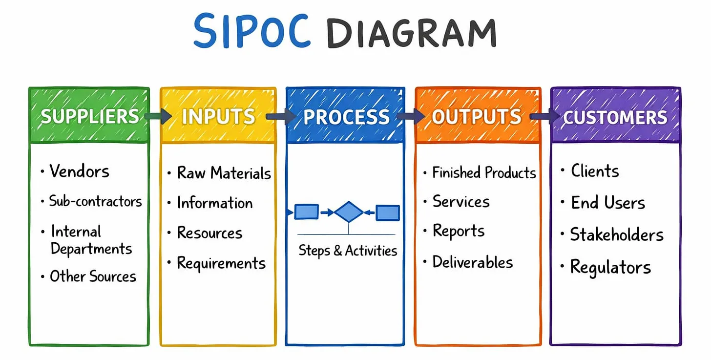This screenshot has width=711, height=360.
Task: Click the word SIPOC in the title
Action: coord(251,31)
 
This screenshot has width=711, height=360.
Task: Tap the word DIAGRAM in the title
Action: coord(412,33)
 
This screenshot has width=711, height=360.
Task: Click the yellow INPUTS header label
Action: coord(218,116)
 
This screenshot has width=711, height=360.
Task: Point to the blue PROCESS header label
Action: coord(346,117)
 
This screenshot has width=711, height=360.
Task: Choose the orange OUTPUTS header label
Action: coord(477,117)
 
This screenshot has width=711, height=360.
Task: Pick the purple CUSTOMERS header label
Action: coord(615,117)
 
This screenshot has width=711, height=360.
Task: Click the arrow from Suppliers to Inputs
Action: coord(158,116)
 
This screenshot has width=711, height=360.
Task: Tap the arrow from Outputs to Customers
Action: coord(545,117)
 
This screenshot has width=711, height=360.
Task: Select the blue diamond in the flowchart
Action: coord(349,212)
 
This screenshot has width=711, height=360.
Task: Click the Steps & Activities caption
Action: coord(348,251)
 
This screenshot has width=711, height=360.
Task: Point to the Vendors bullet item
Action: coord(79,171)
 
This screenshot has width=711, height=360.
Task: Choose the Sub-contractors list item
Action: coord(95,201)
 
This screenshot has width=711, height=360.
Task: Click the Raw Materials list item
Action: coord(224,173)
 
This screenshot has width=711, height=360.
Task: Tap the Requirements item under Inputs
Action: coord(221,263)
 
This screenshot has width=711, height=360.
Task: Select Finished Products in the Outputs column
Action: coord(484,172)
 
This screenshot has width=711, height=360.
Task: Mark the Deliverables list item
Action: coord(473,262)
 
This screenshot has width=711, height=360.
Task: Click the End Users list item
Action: coord(608,203)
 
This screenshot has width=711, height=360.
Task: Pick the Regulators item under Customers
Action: coord(610,267)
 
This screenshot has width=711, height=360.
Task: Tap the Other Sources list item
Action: coord(93,276)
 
